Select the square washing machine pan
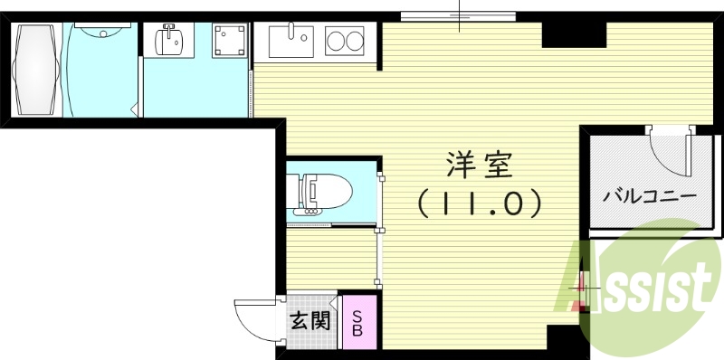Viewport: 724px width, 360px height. tap(229, 40)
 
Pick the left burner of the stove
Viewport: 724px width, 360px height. tap(335, 41)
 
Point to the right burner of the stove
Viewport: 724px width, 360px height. tap(357, 41)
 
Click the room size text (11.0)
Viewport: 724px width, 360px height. tap(480, 204)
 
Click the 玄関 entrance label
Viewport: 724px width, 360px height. tap(310, 320)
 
